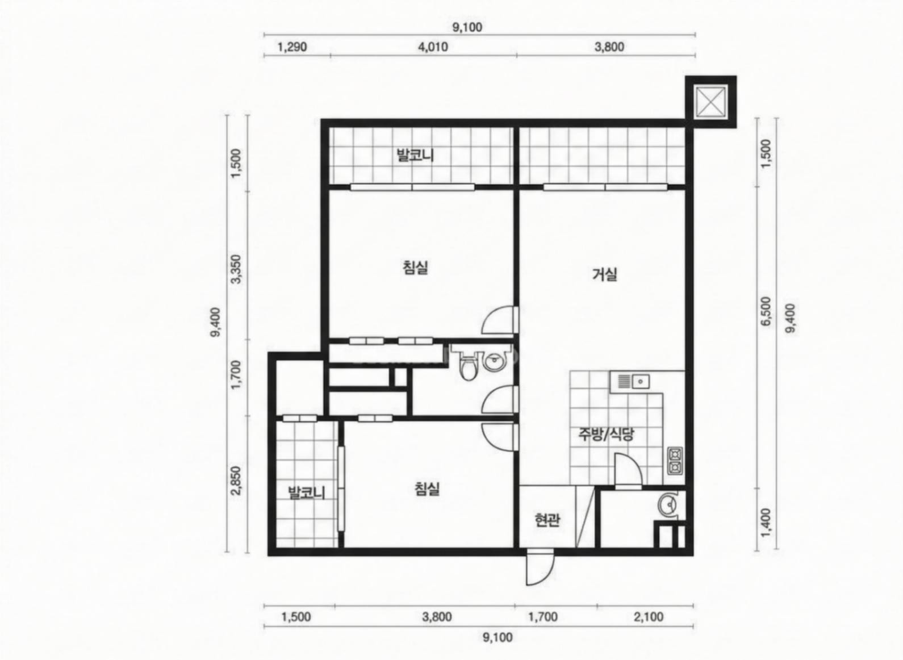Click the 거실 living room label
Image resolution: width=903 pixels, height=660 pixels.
[x=604, y=274]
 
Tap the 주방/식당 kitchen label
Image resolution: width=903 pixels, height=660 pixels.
[x=607, y=434]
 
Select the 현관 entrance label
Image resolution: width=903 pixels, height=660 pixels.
[x=547, y=520]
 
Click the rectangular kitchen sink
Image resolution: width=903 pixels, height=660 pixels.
[x=629, y=381]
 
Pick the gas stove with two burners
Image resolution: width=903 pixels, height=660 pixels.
[x=675, y=461]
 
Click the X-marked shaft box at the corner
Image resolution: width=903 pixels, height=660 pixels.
[x=711, y=102]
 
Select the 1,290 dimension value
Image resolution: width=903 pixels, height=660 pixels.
[x=292, y=47]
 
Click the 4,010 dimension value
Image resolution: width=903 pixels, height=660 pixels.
[x=433, y=47]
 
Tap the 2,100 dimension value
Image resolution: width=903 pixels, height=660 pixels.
[x=649, y=617]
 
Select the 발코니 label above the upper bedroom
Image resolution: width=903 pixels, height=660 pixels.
[x=415, y=155]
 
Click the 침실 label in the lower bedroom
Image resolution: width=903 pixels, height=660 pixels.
[x=427, y=488]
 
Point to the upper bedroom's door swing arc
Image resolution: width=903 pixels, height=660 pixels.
[x=498, y=319]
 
